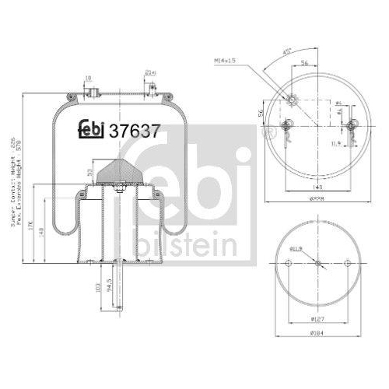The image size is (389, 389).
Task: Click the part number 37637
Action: click(x=137, y=131)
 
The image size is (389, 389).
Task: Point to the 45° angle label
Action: click(x=287, y=53)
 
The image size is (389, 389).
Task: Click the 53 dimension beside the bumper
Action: click(x=91, y=172)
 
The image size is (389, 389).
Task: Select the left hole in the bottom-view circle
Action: click(x=288, y=265)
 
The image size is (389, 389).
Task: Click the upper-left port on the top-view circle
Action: click(x=293, y=100)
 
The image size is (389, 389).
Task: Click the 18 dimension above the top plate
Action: click(x=89, y=79)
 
